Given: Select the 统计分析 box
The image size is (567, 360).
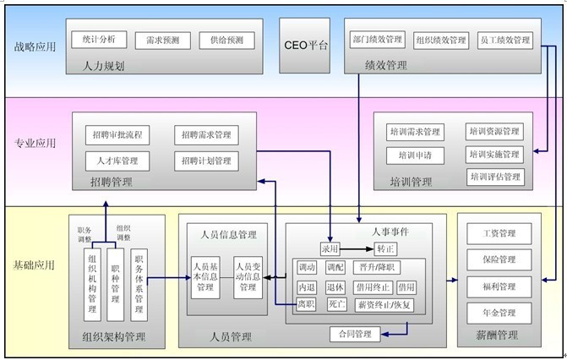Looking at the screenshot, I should click(99, 40).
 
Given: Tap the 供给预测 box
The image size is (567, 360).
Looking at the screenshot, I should click(226, 41).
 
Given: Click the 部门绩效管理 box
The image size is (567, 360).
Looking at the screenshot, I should click(377, 40).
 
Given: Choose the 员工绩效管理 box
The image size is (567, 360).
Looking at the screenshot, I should click(504, 40).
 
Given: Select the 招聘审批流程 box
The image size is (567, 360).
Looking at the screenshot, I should click(117, 134).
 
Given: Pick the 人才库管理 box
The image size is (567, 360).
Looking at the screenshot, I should click(117, 160).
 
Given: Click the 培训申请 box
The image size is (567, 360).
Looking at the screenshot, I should click(415, 155).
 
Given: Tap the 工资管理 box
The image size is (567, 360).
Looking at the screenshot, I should click(499, 233).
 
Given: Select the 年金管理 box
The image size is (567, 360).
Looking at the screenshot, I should click(499, 313).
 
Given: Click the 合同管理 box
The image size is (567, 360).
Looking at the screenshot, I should click(355, 334).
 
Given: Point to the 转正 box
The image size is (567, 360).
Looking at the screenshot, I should click(386, 249).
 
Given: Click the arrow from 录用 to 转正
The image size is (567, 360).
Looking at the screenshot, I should click(357, 249).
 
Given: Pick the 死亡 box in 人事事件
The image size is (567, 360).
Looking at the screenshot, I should click(336, 304).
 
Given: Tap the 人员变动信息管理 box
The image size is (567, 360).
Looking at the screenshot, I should click(248, 275).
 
